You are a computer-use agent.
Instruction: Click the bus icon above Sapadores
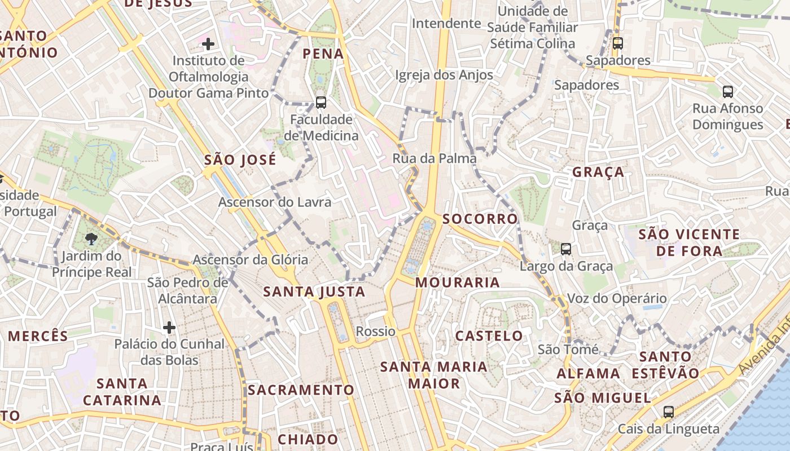pos(618,43)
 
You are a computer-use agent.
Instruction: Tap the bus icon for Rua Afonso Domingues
pos(728,91)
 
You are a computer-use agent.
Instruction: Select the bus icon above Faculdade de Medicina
pos(321,102)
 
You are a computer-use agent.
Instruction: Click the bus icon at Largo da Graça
pos(566,249)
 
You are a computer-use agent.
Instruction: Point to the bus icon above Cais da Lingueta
pos(669,412)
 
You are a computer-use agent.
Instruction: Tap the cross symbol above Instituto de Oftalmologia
pos(208,43)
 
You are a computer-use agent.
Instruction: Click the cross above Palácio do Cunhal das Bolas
pos(169,327)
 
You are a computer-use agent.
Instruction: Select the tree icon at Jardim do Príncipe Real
pos(91,239)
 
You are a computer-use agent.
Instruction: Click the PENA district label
pos(323,54)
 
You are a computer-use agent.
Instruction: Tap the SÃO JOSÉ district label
pos(240,160)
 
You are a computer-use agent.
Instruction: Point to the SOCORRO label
pos(480,219)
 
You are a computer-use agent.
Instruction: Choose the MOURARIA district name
pos(458,282)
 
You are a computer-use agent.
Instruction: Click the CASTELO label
pos(489,336)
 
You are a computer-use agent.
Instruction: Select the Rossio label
pos(376,331)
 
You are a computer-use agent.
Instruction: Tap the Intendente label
pos(446,24)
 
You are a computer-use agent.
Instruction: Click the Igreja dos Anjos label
pos(444,75)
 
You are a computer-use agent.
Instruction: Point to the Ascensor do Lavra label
pos(275,202)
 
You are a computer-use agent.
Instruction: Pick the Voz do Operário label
pos(617,298)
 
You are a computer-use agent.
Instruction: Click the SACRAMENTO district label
pos(301,390)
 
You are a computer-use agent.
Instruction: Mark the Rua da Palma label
pos(434,158)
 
